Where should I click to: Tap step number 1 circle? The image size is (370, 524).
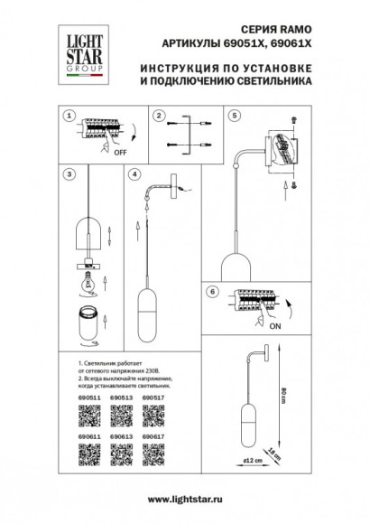click(x=68, y=117)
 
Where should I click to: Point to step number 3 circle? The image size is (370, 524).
click(x=68, y=172)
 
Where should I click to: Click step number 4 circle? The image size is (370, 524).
click(x=134, y=172)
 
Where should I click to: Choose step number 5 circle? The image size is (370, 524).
click(x=236, y=117)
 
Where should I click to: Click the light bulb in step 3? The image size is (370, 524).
click(x=89, y=280)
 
